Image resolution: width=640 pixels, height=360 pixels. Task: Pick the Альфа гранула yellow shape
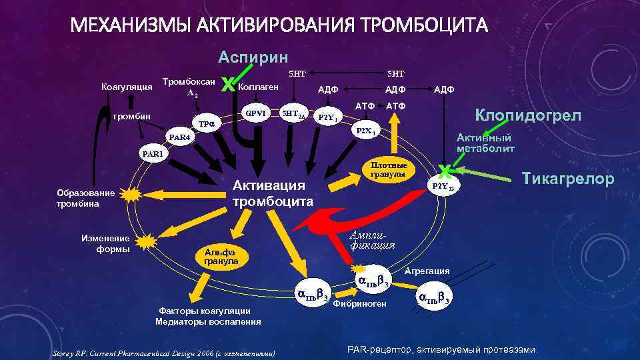221,257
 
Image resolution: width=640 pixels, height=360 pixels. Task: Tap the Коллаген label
261,87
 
